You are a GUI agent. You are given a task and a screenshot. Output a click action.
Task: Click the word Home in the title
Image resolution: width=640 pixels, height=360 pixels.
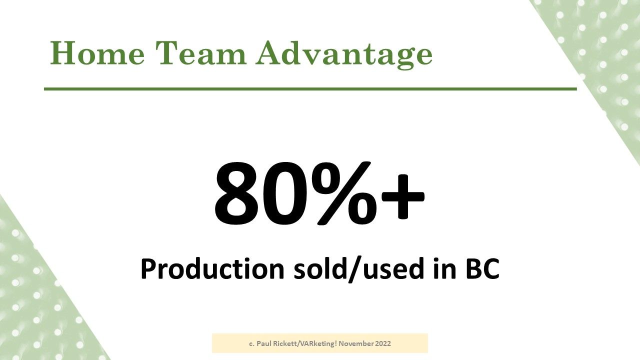point(97,53)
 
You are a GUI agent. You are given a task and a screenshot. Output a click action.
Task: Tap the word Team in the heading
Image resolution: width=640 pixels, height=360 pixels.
point(201,53)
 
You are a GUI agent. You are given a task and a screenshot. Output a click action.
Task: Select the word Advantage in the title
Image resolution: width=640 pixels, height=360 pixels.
point(344,55)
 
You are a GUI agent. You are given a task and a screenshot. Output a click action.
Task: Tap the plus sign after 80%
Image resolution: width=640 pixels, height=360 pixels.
point(403,196)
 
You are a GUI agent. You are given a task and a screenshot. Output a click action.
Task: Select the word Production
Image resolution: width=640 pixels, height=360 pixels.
point(212,269)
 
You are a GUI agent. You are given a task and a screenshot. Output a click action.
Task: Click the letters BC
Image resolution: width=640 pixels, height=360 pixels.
point(482,269)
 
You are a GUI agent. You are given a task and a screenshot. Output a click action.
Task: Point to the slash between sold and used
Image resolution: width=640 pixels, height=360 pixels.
point(354,269)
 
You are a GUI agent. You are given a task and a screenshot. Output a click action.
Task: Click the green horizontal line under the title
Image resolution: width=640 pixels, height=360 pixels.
point(310,89)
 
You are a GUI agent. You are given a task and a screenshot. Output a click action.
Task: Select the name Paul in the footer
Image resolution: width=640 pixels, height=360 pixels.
point(262,343)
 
